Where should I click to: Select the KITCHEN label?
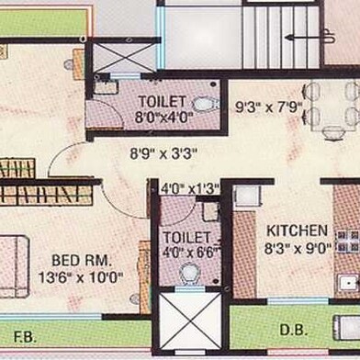297,230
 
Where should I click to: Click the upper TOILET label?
162,100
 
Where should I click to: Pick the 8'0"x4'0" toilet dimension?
163,117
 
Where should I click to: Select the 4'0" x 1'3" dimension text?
189,190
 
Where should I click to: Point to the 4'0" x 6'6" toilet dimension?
186,249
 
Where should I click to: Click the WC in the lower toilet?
190,273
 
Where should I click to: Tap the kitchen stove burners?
347,241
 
